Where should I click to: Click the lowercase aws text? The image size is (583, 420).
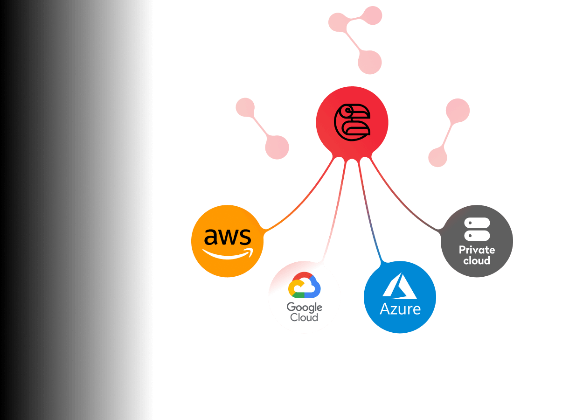pos(228,237)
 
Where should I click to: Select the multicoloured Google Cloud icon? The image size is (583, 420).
pos(305,285)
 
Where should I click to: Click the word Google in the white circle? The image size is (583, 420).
pos(305,307)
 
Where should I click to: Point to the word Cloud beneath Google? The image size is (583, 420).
pos(304,318)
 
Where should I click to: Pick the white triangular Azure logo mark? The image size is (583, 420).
pos(400,286)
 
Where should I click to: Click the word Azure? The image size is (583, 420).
pos(400,308)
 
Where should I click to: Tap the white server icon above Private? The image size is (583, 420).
pos(477,229)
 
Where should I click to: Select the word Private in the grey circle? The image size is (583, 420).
pos(477,250)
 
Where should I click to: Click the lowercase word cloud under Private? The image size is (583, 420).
pos(477,261)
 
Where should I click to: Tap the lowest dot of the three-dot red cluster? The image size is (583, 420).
pos(370,62)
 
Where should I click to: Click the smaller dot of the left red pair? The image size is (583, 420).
pos(245,108)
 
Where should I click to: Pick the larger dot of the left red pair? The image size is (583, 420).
pos(277,147)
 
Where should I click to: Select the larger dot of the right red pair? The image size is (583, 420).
pos(458,111)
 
